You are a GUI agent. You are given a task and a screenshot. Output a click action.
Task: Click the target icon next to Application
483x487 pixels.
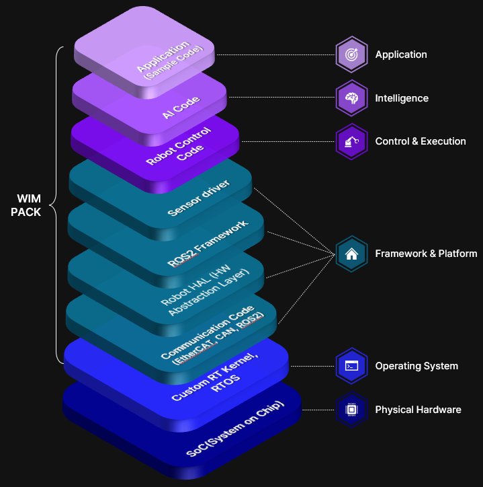point(351,54)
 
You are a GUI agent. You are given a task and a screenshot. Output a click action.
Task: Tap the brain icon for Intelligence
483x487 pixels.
point(351,98)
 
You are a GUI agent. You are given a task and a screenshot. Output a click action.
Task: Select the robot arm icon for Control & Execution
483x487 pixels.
point(351,141)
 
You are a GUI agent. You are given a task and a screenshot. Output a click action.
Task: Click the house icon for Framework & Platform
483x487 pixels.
point(351,254)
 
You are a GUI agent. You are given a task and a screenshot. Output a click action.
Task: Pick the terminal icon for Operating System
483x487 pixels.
point(351,366)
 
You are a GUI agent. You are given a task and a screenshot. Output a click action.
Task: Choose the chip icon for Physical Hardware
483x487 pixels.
point(351,409)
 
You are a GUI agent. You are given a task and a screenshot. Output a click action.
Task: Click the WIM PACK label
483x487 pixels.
point(29,206)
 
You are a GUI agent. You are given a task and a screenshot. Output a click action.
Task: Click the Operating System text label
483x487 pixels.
point(416,366)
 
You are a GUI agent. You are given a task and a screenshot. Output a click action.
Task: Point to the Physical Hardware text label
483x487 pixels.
point(418,409)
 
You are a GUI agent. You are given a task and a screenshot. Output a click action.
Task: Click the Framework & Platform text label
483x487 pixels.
point(426,254)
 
